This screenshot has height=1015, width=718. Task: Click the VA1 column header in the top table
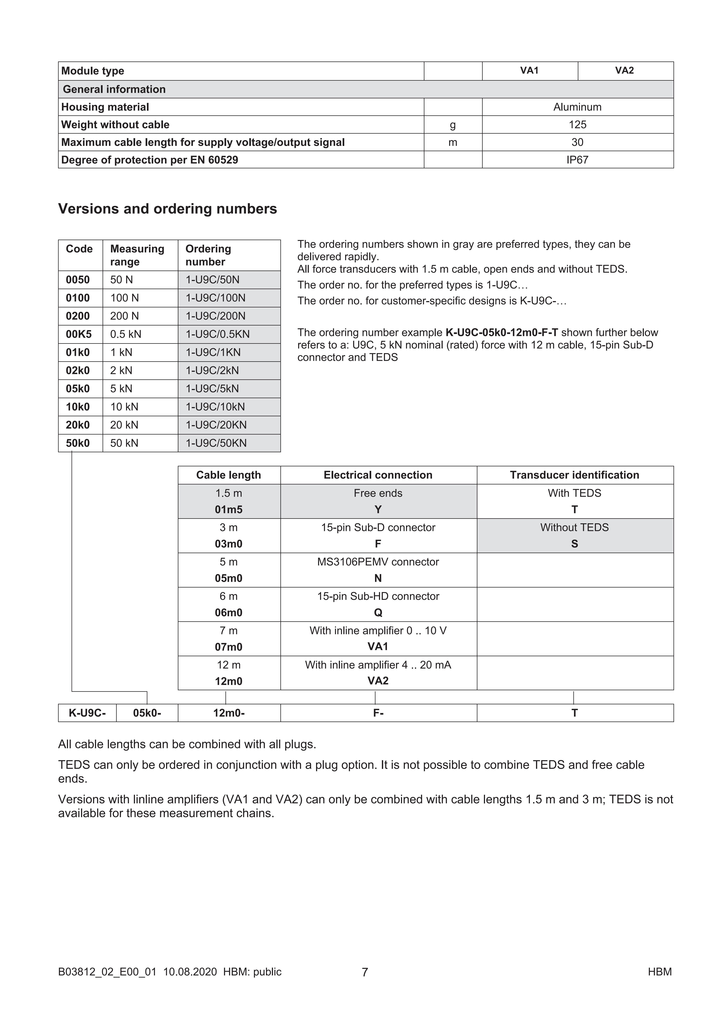point(529,71)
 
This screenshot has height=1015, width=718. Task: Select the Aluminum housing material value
point(577,107)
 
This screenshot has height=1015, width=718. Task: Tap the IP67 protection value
point(577,160)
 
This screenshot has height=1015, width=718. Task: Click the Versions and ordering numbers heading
point(168,209)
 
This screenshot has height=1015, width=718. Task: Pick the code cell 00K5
point(79,334)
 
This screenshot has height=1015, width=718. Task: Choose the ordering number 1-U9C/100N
point(215,298)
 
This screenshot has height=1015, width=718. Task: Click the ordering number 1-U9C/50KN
point(216,443)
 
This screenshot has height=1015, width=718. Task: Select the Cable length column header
point(229,475)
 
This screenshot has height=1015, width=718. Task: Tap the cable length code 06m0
point(229,613)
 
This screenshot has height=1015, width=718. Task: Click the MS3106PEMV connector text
point(378,562)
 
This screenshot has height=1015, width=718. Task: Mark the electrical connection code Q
point(378,613)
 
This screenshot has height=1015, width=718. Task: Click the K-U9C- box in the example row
point(87,713)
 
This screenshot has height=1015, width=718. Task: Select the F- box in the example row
point(378,713)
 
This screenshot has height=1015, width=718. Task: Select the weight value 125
point(577,125)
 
